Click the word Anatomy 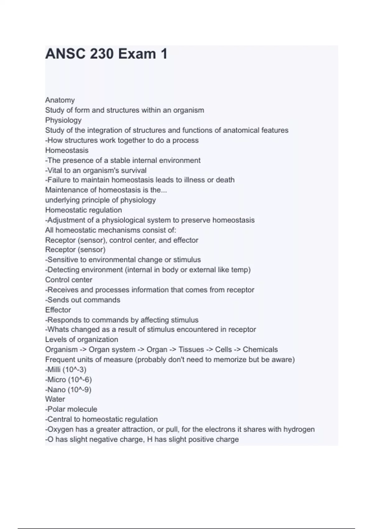[60, 100]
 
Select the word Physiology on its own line [63, 120]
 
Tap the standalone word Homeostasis [67, 150]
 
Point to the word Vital [55, 171]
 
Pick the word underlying [62, 200]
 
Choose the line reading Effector [58, 310]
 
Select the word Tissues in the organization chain [191, 350]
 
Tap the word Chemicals [260, 350]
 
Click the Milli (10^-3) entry [66, 370]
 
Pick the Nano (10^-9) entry [68, 390]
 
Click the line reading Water [55, 399]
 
